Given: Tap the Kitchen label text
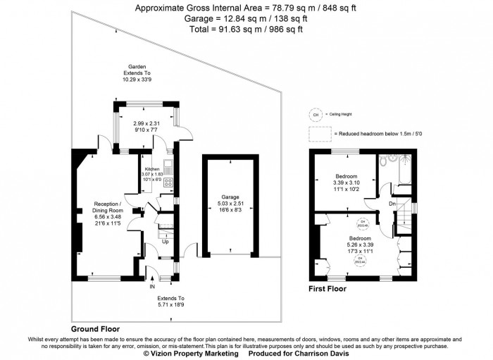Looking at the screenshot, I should pos(153,170).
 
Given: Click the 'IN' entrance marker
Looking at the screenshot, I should pos(151,287).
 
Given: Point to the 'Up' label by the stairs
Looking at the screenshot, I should pos(166,242).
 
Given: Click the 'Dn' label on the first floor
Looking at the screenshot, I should pos(392,204).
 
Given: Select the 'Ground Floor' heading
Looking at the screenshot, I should pos(95,329).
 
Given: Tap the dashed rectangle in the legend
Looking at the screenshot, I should pos(318,133).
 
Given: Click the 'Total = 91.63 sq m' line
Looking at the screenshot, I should pos(246,29).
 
